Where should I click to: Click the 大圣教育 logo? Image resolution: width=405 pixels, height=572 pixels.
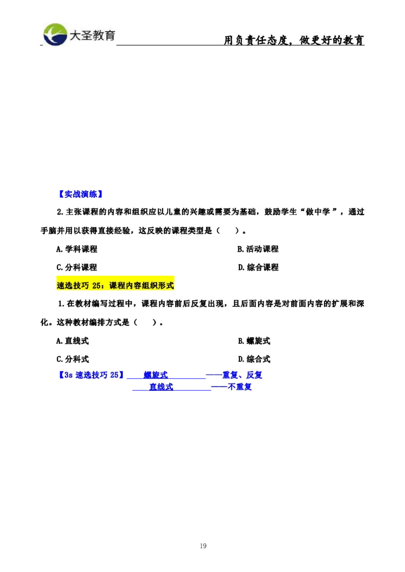coord(79,34)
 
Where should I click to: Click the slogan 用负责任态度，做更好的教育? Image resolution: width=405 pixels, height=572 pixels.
coord(295,40)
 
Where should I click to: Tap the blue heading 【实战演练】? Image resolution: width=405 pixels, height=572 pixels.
coord(80,194)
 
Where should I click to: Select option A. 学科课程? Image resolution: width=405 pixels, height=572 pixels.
coord(76,249)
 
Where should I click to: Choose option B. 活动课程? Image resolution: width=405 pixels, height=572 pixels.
coord(258,249)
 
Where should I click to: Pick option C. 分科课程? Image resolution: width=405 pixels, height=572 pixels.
coord(76,267)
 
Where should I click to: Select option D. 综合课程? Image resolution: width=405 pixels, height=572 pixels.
coord(258,267)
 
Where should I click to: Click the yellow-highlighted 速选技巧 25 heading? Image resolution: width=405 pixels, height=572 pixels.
coord(115,285)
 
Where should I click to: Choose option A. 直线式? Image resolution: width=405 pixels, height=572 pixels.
coord(72,341)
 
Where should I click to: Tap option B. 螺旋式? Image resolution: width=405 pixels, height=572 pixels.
coord(254,341)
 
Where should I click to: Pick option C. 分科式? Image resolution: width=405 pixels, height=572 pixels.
coord(72,359)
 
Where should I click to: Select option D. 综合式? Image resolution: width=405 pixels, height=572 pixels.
coord(254,359)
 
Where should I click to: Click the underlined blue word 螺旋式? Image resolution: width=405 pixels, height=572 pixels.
coord(155,375)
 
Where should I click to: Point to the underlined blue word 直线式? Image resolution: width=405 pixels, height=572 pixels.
coord(161,387)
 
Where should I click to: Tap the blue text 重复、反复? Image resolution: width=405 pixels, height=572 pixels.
coord(242,375)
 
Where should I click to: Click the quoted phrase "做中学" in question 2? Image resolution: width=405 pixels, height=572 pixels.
coord(318,212)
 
